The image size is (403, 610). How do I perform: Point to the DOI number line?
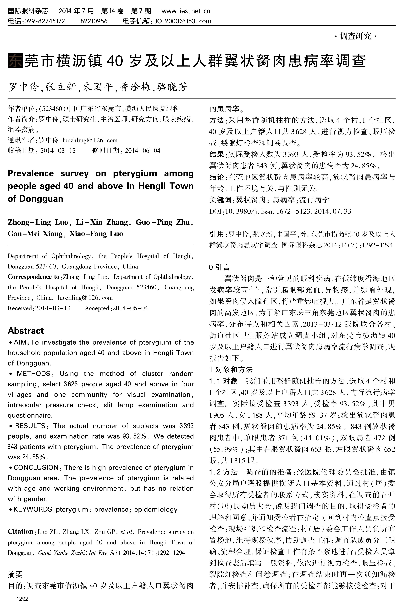(280, 211)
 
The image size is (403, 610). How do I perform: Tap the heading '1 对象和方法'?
(231, 370)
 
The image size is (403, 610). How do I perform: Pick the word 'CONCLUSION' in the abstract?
(36, 468)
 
